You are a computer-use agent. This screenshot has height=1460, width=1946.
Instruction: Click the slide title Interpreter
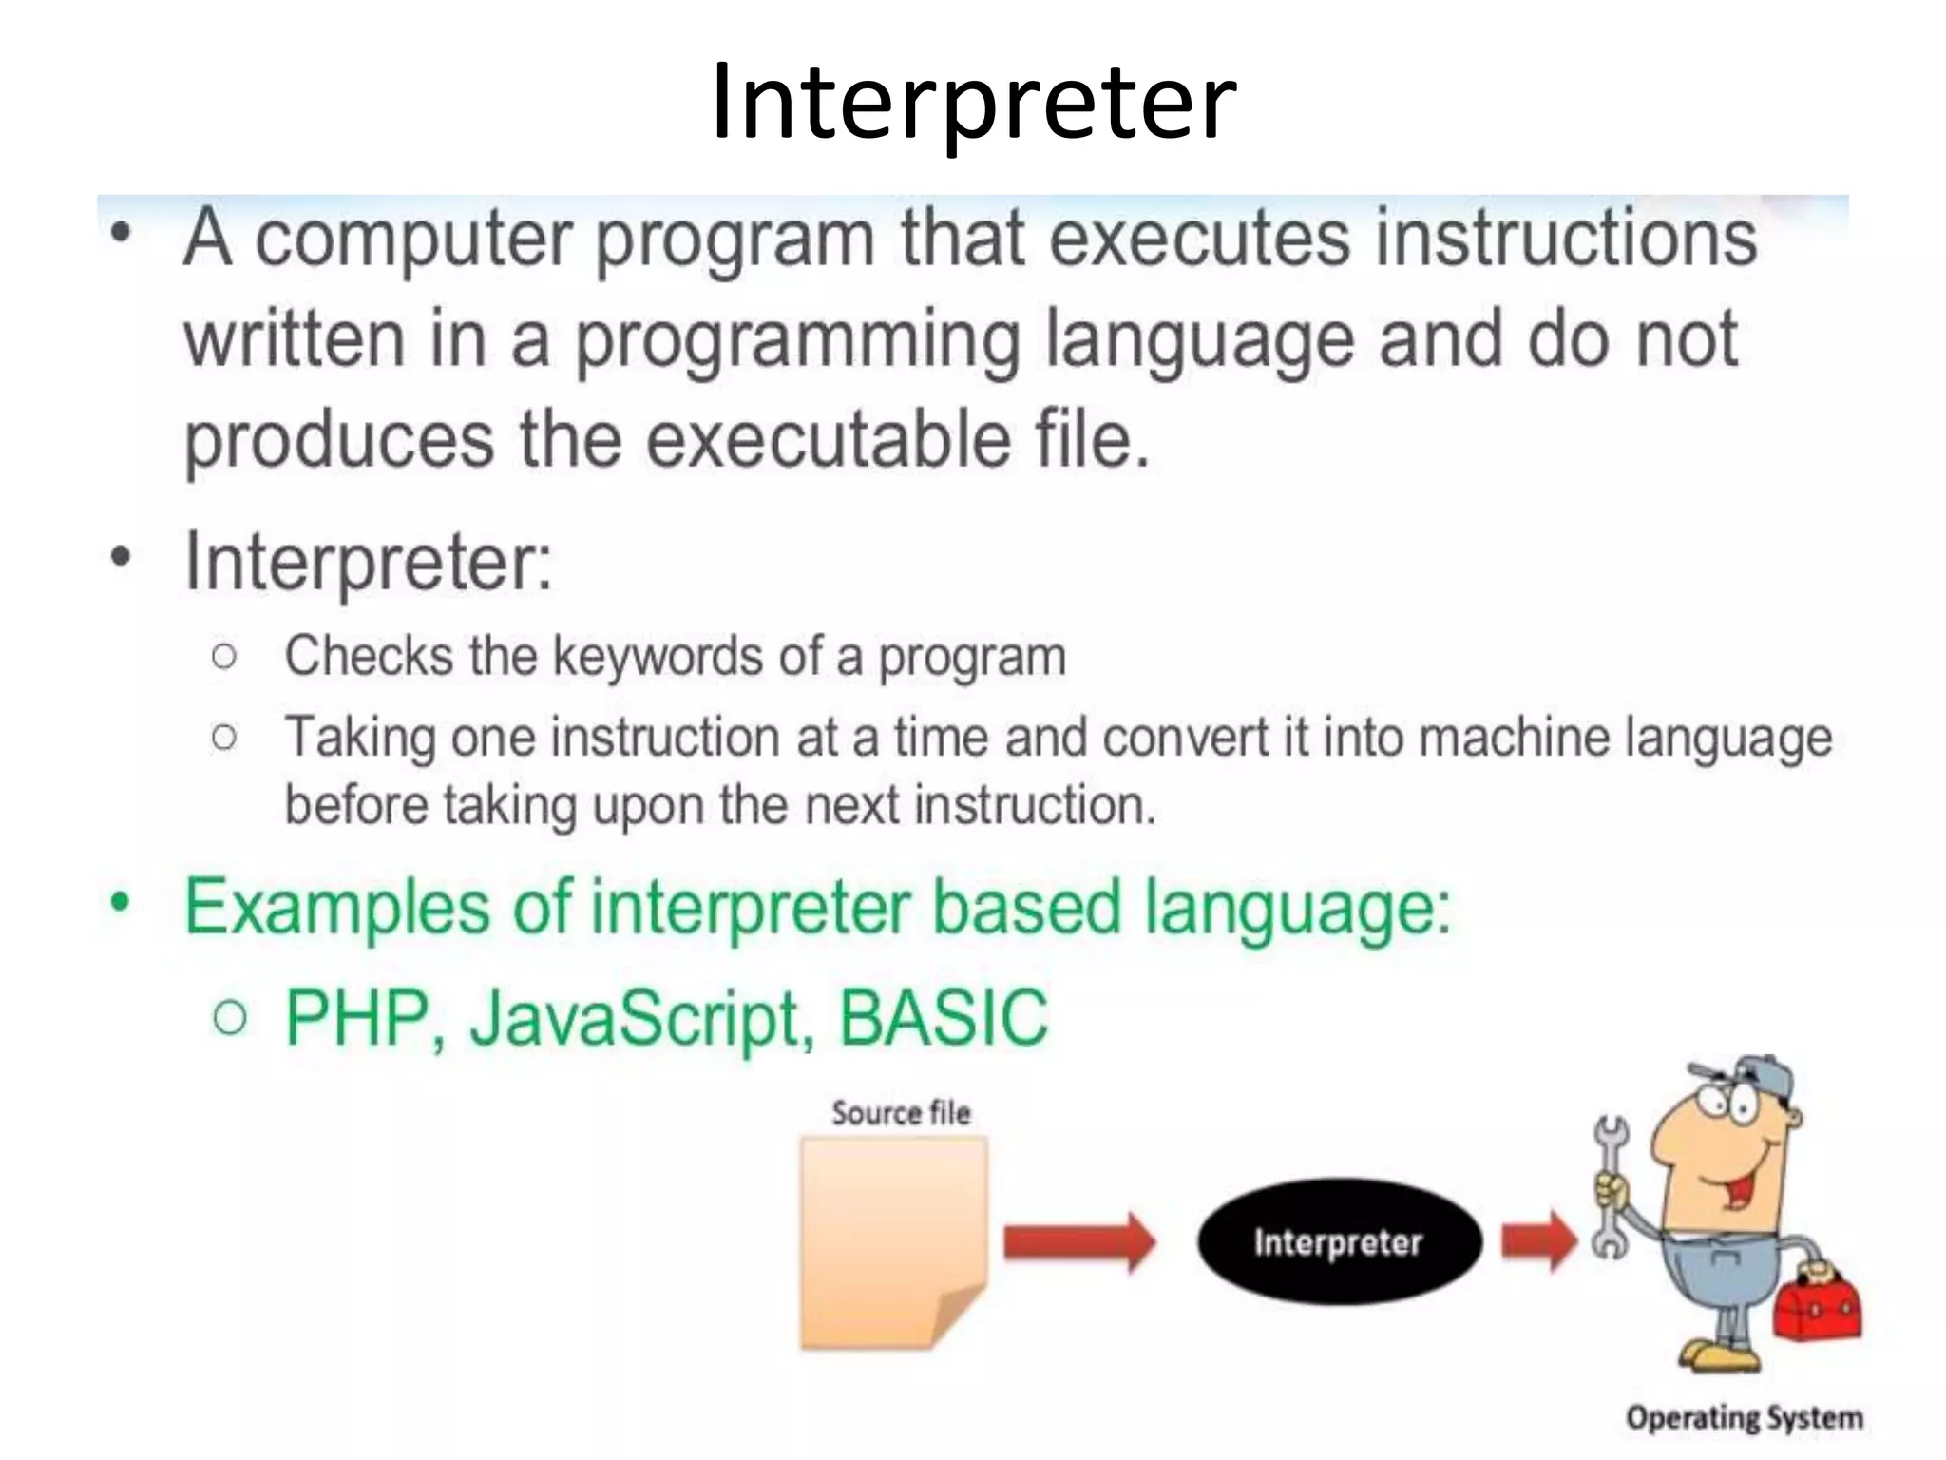tap(973, 103)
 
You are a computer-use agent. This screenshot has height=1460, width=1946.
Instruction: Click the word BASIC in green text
tap(943, 1017)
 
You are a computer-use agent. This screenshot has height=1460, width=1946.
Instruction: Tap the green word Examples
tap(336, 909)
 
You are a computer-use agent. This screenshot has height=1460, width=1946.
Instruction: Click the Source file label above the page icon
tap(901, 1112)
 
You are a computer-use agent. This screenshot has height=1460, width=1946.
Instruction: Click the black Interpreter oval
tap(1338, 1242)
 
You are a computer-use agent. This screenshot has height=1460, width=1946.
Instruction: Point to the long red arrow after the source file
tap(1078, 1241)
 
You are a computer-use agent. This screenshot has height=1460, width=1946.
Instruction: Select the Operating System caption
tap(1744, 1418)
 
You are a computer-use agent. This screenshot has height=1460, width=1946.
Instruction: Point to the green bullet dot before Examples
tap(119, 903)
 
